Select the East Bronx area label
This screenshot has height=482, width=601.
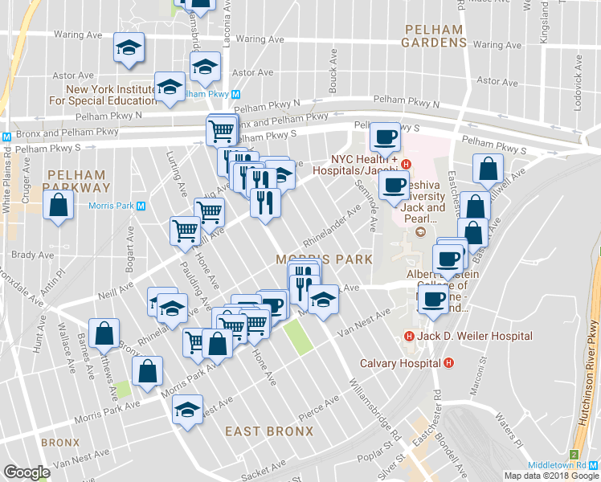(268, 431)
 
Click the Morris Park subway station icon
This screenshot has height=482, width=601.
(141, 206)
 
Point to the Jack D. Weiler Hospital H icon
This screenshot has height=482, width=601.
(409, 336)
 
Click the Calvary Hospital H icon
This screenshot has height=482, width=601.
(448, 362)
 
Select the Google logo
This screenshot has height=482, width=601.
(27, 472)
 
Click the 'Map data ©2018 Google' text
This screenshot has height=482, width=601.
(550, 476)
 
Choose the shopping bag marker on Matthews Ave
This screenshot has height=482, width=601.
(104, 333)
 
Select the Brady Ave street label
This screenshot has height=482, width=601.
(32, 255)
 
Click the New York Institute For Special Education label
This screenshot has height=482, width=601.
(111, 95)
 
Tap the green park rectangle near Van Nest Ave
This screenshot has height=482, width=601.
(298, 337)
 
